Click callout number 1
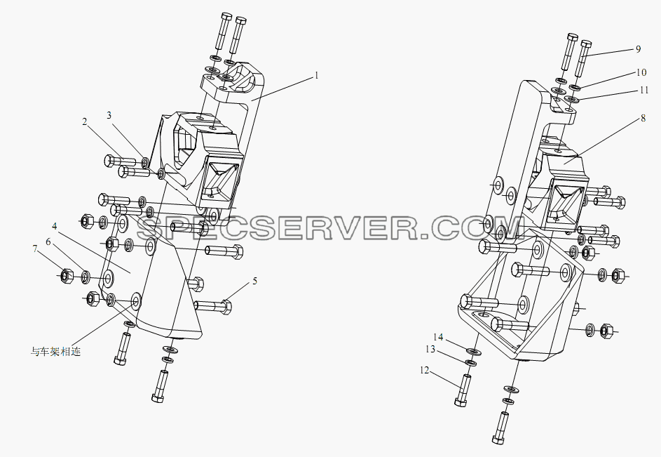316,75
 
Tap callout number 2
85,121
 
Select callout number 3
109,115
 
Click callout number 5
255,281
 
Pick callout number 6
48,241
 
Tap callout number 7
35,249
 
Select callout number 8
643,118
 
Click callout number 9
638,49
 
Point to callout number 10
641,72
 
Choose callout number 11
643,90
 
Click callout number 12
425,371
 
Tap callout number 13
430,350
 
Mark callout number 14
438,337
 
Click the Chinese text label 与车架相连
55,352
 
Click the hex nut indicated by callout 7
65,276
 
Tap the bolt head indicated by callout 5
226,307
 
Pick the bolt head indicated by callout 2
108,161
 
